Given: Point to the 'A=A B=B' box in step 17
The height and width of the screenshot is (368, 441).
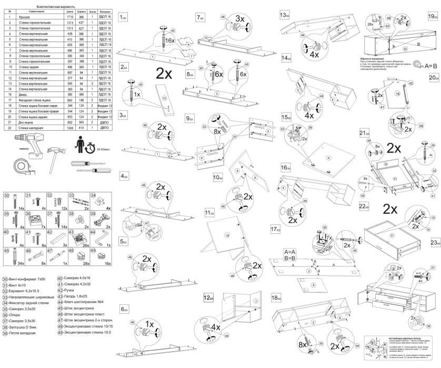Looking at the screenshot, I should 290,254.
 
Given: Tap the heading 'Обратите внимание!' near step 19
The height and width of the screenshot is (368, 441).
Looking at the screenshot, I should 378,56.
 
